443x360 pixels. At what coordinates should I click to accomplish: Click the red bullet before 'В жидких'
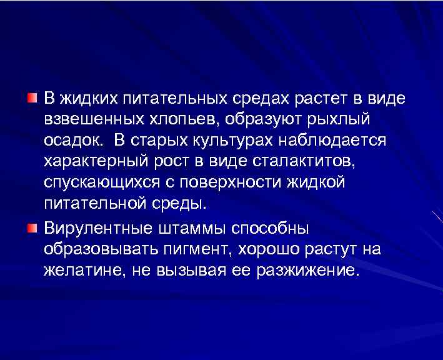pos(32,98)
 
